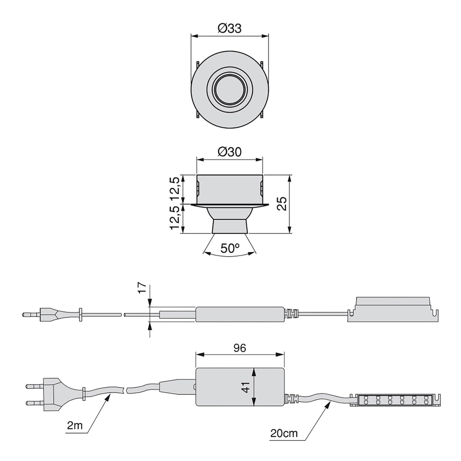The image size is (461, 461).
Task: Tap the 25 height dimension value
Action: (282, 204)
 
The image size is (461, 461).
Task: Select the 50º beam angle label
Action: (230, 248)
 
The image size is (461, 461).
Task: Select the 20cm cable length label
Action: (284, 434)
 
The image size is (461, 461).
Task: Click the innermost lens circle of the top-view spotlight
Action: (230, 88)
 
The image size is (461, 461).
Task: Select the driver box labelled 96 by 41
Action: (240, 386)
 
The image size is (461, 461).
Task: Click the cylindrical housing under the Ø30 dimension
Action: (230, 188)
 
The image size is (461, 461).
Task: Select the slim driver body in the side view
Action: (240, 314)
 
